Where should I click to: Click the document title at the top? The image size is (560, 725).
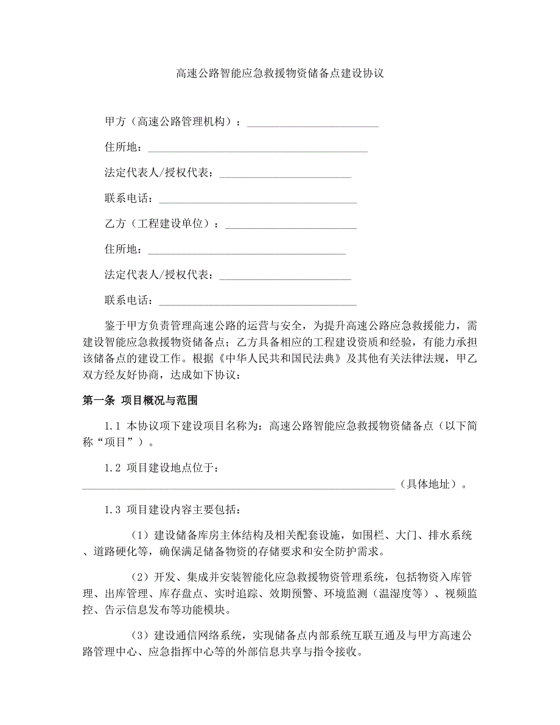pyautogui.click(x=279, y=74)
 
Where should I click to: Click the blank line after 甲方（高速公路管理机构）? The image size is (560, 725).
pyautogui.click(x=313, y=122)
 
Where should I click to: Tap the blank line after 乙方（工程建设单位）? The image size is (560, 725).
pyautogui.click(x=290, y=225)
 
